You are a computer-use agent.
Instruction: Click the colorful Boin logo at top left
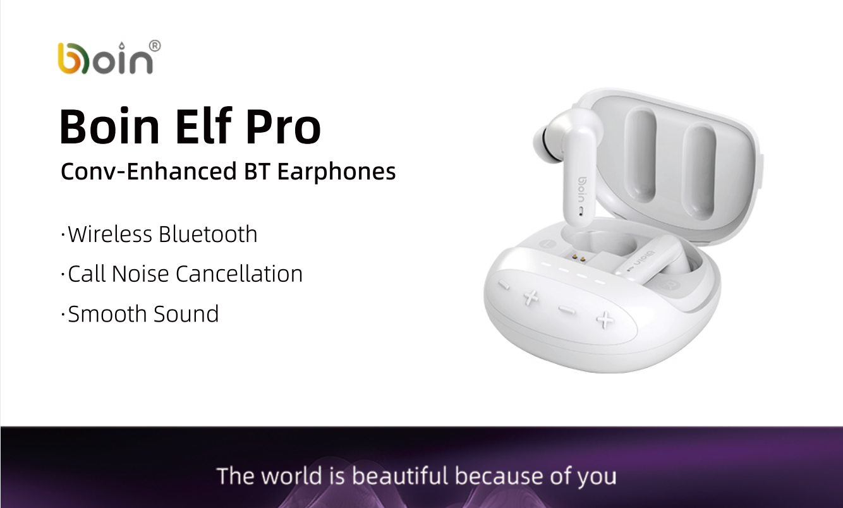coord(106,58)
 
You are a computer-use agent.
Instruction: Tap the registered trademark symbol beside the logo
coord(155,46)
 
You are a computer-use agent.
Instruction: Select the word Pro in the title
coord(283,126)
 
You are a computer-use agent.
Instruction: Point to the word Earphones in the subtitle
coord(336,172)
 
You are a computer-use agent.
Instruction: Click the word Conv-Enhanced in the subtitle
coord(149,171)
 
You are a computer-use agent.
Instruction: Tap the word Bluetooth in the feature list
coord(208,234)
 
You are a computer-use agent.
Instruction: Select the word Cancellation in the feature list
coord(240,274)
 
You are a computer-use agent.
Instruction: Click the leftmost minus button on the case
coord(504,285)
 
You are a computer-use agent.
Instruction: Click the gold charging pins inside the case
coord(578,258)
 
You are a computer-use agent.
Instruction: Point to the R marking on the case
coord(670,284)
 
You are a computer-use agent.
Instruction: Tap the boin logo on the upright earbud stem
coord(582,190)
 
